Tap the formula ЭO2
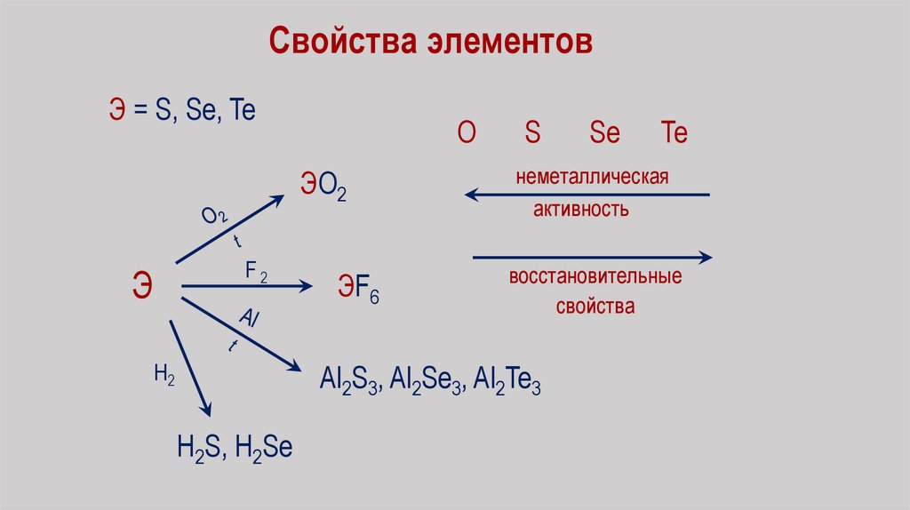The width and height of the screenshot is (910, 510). click(x=323, y=187)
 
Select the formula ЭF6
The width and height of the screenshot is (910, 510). click(x=357, y=290)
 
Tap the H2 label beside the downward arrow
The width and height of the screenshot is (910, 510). click(x=164, y=375)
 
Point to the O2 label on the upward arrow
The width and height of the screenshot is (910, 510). click(x=214, y=216)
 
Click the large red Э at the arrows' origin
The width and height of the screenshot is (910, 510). click(x=142, y=287)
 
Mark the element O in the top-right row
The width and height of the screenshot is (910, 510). click(x=467, y=133)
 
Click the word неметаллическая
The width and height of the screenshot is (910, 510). click(x=591, y=177)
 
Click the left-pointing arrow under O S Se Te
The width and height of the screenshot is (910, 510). click(x=587, y=194)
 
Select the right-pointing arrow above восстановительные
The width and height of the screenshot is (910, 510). click(x=592, y=258)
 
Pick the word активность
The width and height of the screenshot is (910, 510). click(x=581, y=210)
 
